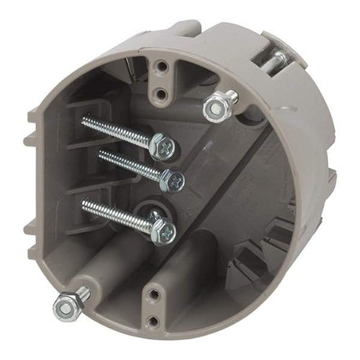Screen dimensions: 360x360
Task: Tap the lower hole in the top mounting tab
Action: click(161, 93)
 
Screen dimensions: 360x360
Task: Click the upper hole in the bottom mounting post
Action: click(154, 293)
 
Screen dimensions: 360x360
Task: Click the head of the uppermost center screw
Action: click(163, 146)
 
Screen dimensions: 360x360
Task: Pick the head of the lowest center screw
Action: click(163, 230)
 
